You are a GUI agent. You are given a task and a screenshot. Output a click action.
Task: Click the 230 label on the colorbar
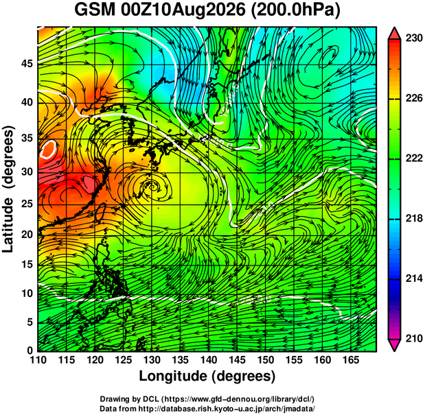pyautogui.click(x=414, y=38)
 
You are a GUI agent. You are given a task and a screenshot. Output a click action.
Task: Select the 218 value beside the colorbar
pyautogui.click(x=414, y=218)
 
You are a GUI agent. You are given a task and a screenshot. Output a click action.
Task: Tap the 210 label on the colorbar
pyautogui.click(x=414, y=338)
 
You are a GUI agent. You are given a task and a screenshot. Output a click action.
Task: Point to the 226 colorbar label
pyautogui.click(x=414, y=98)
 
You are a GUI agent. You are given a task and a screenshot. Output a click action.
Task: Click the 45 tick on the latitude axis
pyautogui.click(x=27, y=64)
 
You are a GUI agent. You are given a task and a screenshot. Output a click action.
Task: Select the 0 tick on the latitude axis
pyautogui.click(x=30, y=351)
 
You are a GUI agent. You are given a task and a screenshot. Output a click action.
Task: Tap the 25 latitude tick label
pyautogui.click(x=27, y=204)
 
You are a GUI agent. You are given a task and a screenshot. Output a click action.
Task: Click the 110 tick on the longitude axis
pyautogui.click(x=38, y=360)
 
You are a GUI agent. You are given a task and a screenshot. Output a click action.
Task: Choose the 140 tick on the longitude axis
pyautogui.click(x=209, y=360)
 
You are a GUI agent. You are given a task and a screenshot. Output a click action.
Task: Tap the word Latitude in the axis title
pyautogui.click(x=8, y=225)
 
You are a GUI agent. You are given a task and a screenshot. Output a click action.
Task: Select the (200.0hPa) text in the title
pyautogui.click(x=295, y=11)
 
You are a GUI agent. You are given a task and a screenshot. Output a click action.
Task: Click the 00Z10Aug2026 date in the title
pyautogui.click(x=183, y=11)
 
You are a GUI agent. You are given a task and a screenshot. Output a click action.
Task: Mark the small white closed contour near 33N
pyautogui.click(x=48, y=149)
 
